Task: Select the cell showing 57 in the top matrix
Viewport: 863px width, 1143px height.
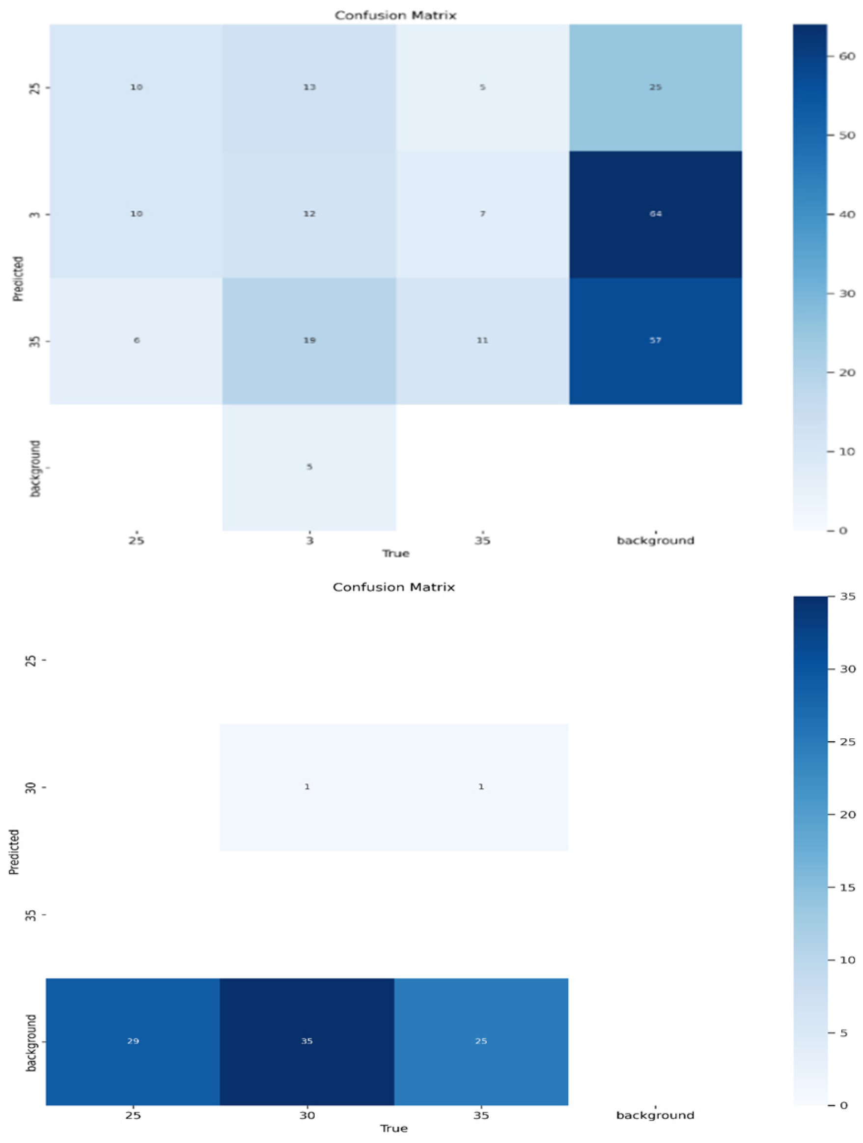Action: coord(655,340)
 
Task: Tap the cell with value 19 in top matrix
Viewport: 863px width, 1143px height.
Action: coord(309,340)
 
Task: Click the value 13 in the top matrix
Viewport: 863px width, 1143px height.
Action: coord(309,87)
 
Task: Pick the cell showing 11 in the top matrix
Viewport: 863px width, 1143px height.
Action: coord(482,340)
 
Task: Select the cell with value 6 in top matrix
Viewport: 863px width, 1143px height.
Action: coord(137,340)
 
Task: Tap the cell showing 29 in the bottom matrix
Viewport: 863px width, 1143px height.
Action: coord(133,1041)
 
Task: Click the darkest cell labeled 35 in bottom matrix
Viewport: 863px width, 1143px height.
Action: coord(307,1041)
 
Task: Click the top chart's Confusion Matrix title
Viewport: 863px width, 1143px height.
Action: coord(395,16)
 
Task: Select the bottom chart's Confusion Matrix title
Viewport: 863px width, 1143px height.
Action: coord(393,587)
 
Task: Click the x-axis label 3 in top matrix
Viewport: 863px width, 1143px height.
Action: coord(309,540)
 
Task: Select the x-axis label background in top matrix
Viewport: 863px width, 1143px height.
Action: coord(655,540)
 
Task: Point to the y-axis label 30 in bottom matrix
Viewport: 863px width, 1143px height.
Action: coord(31,788)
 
